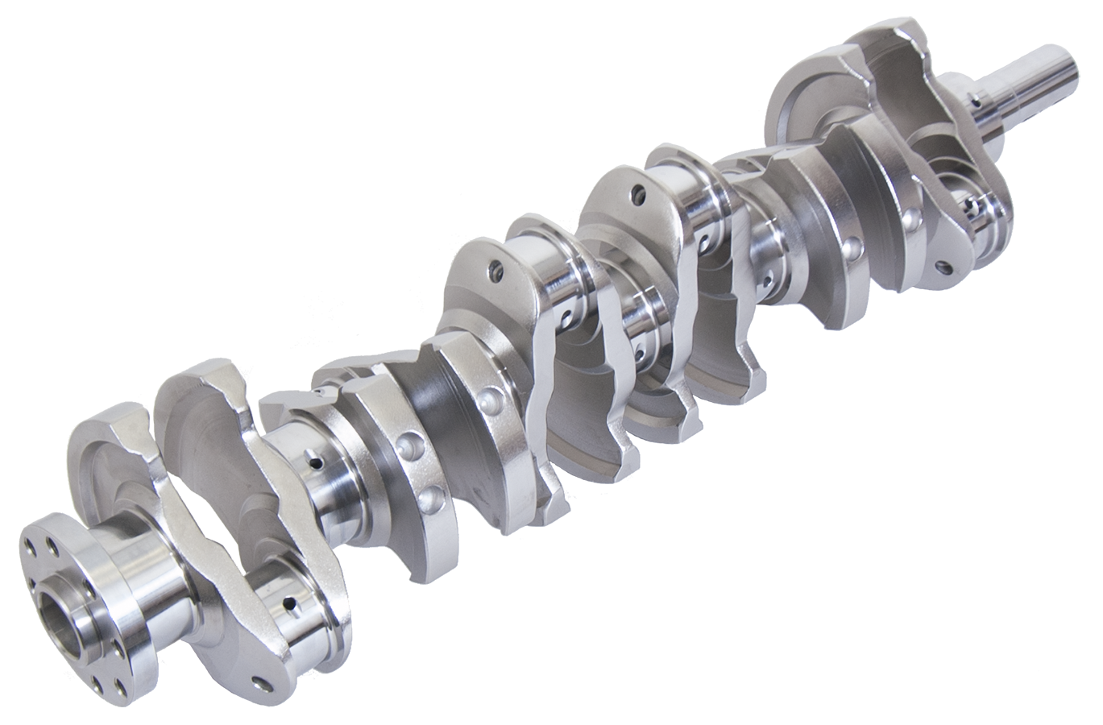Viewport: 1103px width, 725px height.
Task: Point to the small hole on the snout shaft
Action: click(x=977, y=101)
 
